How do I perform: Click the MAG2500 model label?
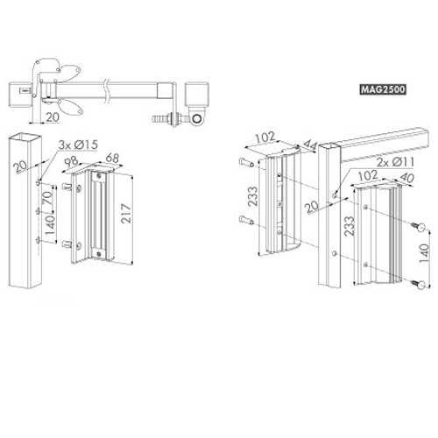tap(383, 89)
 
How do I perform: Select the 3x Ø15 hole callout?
tap(78, 145)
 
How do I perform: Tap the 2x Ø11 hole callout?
tap(395, 162)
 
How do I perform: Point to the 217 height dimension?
tap(126, 214)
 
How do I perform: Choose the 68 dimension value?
tap(112, 158)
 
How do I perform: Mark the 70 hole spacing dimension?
tap(47, 198)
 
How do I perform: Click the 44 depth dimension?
tap(309, 145)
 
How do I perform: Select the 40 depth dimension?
tap(406, 178)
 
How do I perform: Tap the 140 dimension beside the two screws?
tap(424, 253)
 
